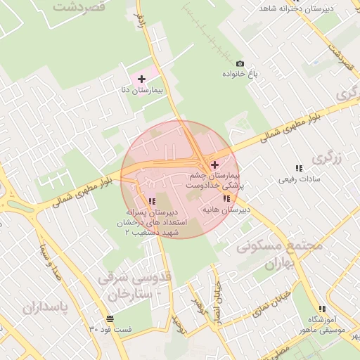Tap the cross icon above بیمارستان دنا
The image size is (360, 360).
click(142, 79)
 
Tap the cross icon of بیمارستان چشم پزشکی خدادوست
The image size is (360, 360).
click(214, 164)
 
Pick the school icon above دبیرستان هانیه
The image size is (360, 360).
click(226, 199)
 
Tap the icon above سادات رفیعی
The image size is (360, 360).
click(300, 168)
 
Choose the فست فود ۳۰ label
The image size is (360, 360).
click(111, 329)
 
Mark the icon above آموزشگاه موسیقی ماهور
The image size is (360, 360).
click(322, 309)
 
